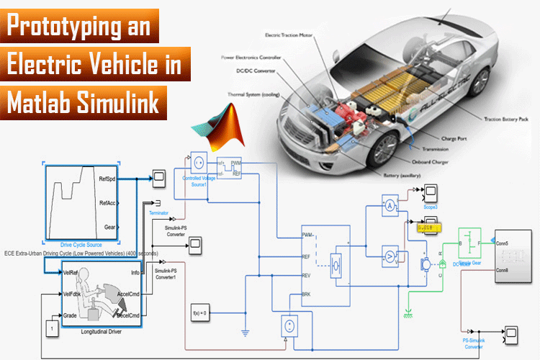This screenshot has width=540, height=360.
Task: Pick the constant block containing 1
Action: pos(51,328)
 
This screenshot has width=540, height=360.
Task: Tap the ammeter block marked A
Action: pos(390,206)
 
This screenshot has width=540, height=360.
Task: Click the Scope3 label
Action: pos(431,206)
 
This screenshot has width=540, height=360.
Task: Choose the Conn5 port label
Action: pos(502,243)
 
